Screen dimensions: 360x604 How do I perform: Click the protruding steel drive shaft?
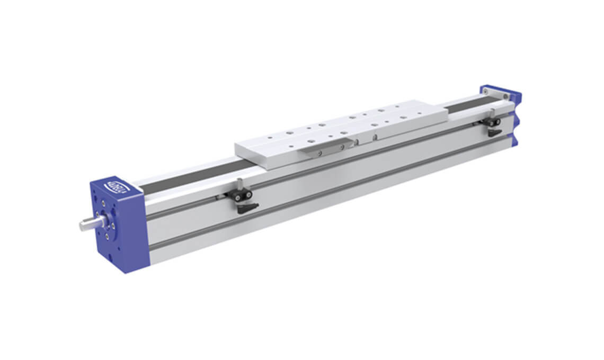(x=90, y=224)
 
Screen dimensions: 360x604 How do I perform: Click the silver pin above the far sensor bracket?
(x=493, y=112)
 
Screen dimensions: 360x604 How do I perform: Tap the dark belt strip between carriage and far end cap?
(x=466, y=104)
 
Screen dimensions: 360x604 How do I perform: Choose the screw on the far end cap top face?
(x=505, y=96)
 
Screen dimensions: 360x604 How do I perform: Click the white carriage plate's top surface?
(x=339, y=127)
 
